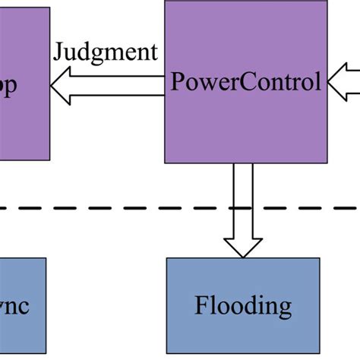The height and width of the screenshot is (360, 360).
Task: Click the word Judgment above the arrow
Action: tap(105, 52)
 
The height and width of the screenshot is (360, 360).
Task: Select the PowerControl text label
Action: tap(246, 82)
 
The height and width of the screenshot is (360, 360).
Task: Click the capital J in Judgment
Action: tap(58, 52)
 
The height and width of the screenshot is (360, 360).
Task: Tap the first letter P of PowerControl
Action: tap(178, 82)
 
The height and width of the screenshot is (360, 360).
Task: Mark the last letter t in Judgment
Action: tap(153, 52)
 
